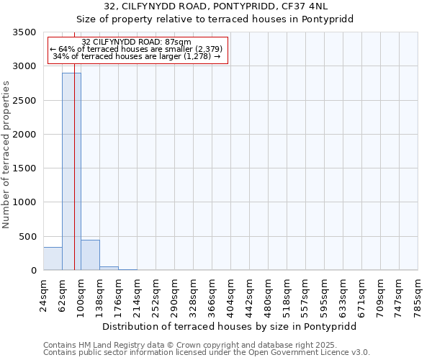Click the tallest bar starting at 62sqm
[71, 171]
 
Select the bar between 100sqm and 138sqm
[90, 255]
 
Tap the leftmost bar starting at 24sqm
[53, 258]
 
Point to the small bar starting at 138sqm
[109, 268]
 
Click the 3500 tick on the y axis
[24, 32]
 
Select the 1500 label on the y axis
[24, 168]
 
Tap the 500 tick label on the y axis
[27, 237]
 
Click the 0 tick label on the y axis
[33, 271]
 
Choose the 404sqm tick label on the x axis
[231, 295]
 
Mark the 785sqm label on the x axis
[418, 295]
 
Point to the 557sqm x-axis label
[306, 295]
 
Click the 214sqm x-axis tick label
[138, 295]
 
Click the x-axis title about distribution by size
[229, 326]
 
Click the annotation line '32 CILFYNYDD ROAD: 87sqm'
[137, 42]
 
